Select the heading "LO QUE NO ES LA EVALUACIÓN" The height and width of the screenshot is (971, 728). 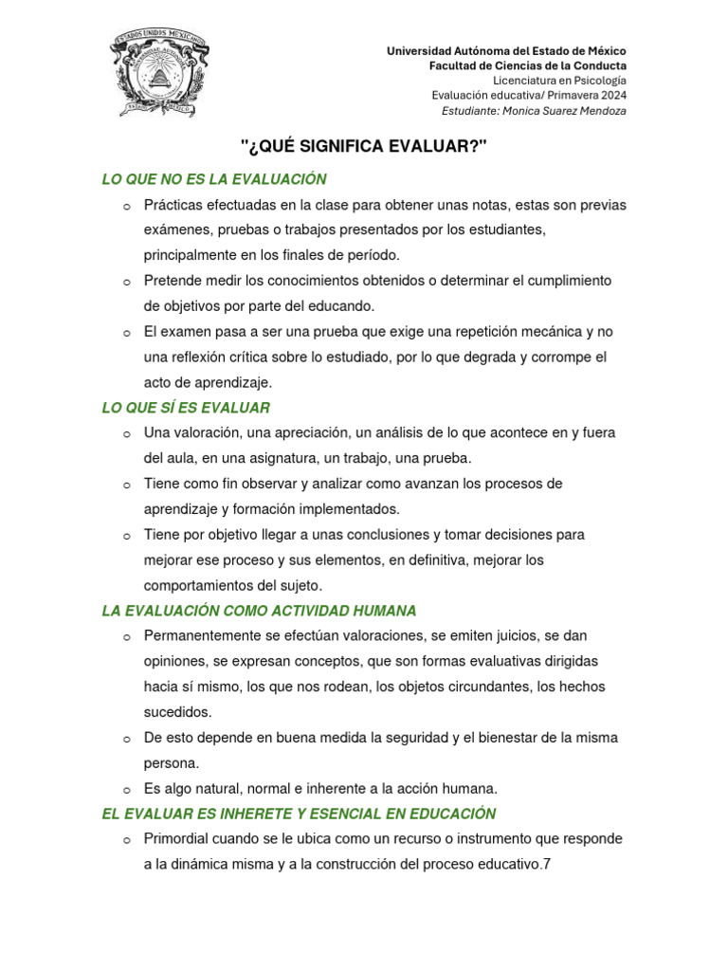(x=214, y=179)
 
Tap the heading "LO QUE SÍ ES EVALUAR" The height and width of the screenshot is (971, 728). (x=186, y=408)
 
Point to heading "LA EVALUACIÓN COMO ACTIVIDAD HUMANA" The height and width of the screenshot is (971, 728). (x=259, y=611)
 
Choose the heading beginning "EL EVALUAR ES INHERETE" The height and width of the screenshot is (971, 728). (x=299, y=814)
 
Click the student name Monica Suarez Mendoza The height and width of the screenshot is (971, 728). (x=566, y=111)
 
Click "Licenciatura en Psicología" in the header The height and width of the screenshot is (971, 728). (x=566, y=81)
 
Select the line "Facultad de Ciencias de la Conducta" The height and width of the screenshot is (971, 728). (x=528, y=65)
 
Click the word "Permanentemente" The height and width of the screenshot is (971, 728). (x=202, y=635)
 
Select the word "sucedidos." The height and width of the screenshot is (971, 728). (x=178, y=712)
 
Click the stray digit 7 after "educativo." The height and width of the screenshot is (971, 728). (x=547, y=865)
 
